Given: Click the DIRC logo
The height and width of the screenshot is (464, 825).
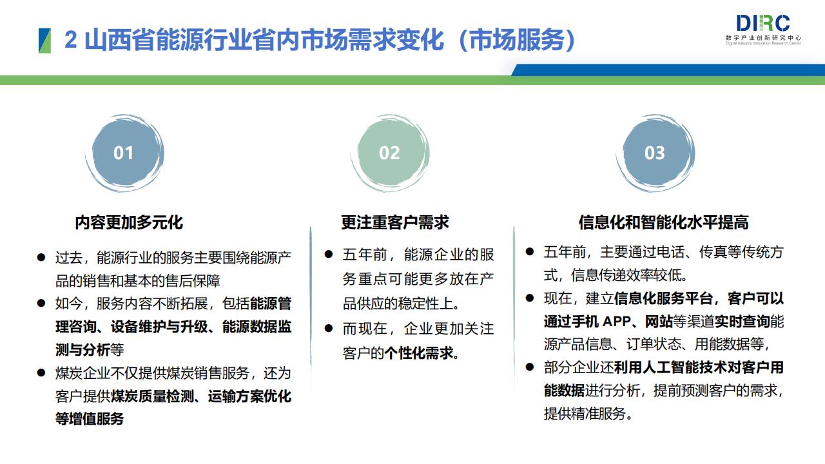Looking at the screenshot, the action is pos(763,30).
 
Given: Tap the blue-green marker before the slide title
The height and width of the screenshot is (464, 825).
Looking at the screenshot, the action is pos(44,41).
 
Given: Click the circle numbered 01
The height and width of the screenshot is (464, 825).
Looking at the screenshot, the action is pos(124,153).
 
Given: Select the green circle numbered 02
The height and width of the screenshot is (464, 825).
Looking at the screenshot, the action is pos(390,153).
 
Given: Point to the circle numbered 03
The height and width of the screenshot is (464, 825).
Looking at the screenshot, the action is pos(655,153).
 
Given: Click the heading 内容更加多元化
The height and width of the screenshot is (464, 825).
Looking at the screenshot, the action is pos(129,222).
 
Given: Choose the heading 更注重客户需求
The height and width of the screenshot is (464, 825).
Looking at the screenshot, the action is pos(395,222).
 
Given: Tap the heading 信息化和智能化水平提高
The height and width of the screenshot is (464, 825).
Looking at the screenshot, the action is pos(664,222).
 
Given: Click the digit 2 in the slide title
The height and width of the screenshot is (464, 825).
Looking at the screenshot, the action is pos(71,39).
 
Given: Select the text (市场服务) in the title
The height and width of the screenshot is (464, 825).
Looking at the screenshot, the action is pos(517,40).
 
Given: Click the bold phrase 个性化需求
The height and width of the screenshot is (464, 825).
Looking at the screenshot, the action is pos(418,354).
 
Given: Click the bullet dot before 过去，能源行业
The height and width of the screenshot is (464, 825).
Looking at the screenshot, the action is pos(41,257).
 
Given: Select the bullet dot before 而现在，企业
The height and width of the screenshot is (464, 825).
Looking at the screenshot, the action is pos(329,328).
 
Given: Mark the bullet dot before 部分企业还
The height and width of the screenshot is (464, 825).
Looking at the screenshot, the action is pos(530,367).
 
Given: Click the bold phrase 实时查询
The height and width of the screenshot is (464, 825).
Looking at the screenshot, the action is pos(742,322).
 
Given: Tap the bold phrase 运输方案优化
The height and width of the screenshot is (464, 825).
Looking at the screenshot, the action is pos(249,396).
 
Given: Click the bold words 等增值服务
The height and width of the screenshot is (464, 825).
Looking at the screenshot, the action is pos(90,419).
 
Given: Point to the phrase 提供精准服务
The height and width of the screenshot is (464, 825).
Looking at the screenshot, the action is pos(585,414).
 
